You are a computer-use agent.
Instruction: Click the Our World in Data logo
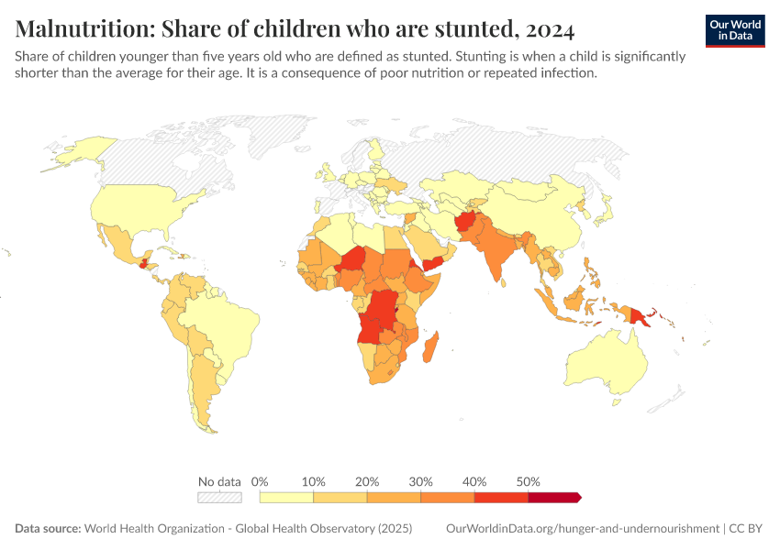pos(734,30)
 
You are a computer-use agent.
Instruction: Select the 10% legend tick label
pos(314,481)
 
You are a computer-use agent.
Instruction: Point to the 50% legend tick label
pos(529,481)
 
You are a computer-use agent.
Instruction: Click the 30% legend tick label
pos(421,481)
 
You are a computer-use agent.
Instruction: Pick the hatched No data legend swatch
pos(219,498)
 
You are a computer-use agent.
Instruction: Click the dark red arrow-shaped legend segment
pos(554,498)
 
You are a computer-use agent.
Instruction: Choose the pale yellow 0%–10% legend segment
pos(286,498)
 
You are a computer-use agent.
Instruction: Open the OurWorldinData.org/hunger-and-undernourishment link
pos(582,529)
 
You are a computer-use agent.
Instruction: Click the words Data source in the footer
pos(47,529)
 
